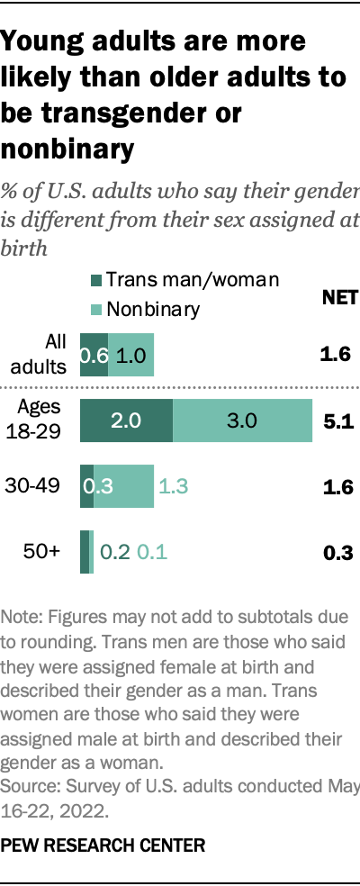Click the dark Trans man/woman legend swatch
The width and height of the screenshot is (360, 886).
tap(96, 281)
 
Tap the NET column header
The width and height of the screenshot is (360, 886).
tap(339, 298)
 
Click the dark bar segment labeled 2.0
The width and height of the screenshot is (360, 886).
tap(126, 420)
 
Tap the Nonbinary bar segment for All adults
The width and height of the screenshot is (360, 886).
tap(131, 355)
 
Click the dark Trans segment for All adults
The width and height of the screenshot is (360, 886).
tap(94, 355)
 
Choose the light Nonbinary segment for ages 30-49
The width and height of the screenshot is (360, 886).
tap(124, 487)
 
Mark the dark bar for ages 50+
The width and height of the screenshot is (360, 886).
tap(85, 552)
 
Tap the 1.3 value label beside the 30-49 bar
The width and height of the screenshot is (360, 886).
tap(174, 487)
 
